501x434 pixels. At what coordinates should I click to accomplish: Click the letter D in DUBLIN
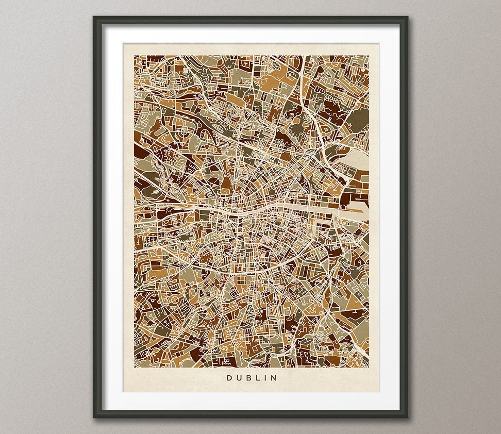pos(229,378)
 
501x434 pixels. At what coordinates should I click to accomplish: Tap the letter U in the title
pos(239,378)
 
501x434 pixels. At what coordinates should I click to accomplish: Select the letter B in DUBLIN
pos(248,378)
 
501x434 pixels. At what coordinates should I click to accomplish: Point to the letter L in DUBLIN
pos(257,378)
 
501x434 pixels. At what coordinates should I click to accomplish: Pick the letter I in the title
pos(265,378)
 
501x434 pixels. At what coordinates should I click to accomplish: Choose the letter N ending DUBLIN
pos(274,378)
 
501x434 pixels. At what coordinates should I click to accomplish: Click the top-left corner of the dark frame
pos(94,18)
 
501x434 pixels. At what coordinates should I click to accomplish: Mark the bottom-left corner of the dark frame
pos(94,416)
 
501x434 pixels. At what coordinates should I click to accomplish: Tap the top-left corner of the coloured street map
pos(134,56)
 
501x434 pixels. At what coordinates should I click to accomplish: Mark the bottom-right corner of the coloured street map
pos(369,367)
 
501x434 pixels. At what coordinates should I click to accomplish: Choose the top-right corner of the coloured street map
pos(369,56)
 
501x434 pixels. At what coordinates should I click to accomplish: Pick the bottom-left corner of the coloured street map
pos(134,367)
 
